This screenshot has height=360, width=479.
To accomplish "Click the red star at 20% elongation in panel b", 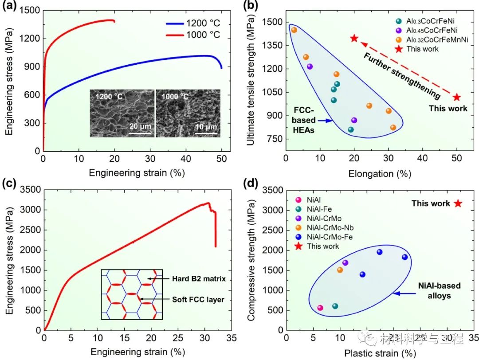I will click(354, 38).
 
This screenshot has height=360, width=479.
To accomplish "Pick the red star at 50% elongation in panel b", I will click(457, 97).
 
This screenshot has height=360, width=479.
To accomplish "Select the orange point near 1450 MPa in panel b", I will click(294, 30).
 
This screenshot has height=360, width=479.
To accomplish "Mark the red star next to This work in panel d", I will click(458, 203).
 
